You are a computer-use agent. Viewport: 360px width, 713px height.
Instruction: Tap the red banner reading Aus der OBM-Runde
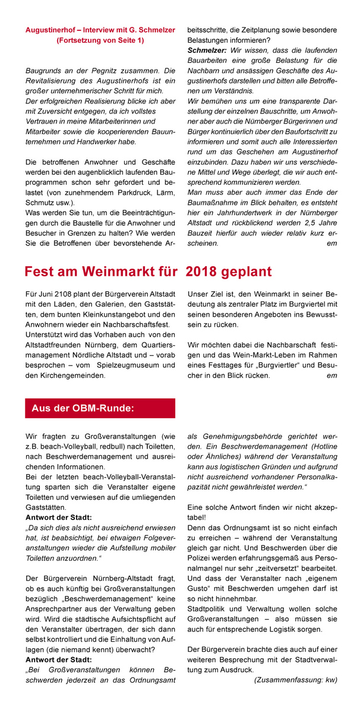(100, 408)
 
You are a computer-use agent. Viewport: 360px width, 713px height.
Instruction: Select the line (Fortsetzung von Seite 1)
(100, 40)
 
